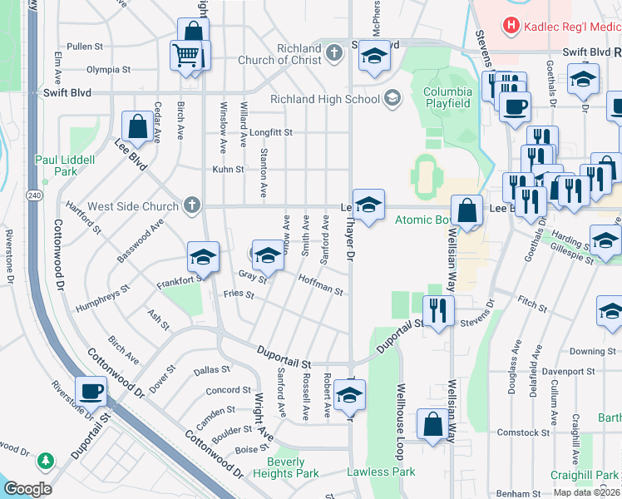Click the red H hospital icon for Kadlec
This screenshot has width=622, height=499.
click(511, 27)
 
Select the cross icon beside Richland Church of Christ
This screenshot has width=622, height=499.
click(333, 54)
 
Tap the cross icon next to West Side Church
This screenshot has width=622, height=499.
click(192, 205)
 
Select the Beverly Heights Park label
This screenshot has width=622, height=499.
click(293, 467)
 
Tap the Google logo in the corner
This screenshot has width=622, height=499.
click(27, 489)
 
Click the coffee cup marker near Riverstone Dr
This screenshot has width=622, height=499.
click(91, 390)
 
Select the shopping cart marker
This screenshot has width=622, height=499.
click(185, 55)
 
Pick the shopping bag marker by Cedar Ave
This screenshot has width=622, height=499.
click(136, 127)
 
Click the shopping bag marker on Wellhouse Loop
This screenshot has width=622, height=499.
click(432, 424)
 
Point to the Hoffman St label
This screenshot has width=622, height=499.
click(320, 285)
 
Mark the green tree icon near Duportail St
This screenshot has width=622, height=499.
click(45, 460)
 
